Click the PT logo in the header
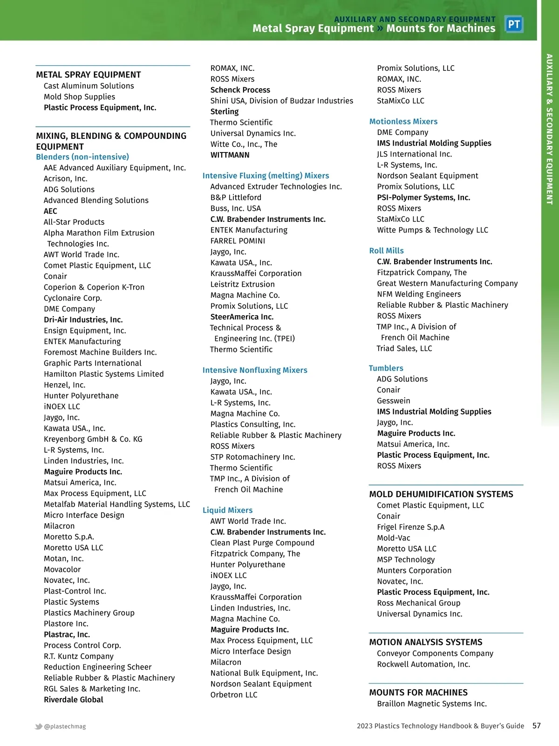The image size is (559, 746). [514, 24]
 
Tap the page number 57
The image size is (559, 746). [537, 725]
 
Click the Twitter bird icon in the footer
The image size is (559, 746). [39, 726]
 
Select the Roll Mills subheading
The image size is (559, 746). [386, 251]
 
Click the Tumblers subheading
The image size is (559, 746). [386, 368]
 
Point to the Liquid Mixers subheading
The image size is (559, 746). [227, 510]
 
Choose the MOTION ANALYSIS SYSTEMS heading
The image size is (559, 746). [425, 642]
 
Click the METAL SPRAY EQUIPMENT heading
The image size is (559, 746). [88, 75]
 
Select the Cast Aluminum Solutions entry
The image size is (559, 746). [89, 86]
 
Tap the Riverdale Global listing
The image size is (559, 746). [73, 699]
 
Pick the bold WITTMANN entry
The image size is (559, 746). [230, 155]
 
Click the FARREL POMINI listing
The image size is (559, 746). [238, 241]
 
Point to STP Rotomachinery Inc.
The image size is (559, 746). [252, 457]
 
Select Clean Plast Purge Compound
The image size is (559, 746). [262, 543]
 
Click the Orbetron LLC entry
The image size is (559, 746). [233, 695]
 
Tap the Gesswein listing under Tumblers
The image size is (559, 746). [394, 401]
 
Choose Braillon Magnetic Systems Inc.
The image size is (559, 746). [431, 704]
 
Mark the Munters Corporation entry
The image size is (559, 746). [414, 570]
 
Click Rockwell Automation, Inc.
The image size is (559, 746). [423, 664]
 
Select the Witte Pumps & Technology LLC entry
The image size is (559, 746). [432, 230]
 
